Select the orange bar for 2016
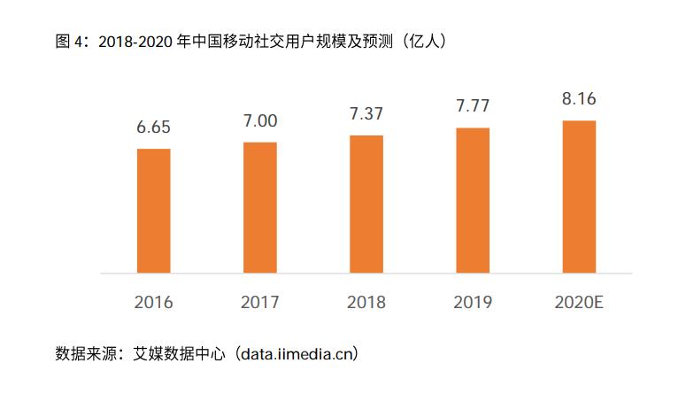[x=153, y=211]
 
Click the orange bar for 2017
[x=259, y=207]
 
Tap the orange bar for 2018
[x=366, y=204]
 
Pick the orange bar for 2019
[x=473, y=200]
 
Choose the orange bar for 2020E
[x=579, y=197]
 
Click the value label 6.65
[x=153, y=127]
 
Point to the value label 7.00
[x=259, y=120]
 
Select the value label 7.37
[x=366, y=112]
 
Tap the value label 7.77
[x=473, y=105]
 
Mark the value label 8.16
[x=579, y=98]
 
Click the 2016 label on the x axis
[x=153, y=302]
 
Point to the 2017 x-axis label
[x=259, y=302]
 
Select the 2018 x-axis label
[x=366, y=302]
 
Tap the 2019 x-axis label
[x=473, y=302]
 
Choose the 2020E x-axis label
[x=579, y=302]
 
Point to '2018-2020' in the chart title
[x=131, y=41]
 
